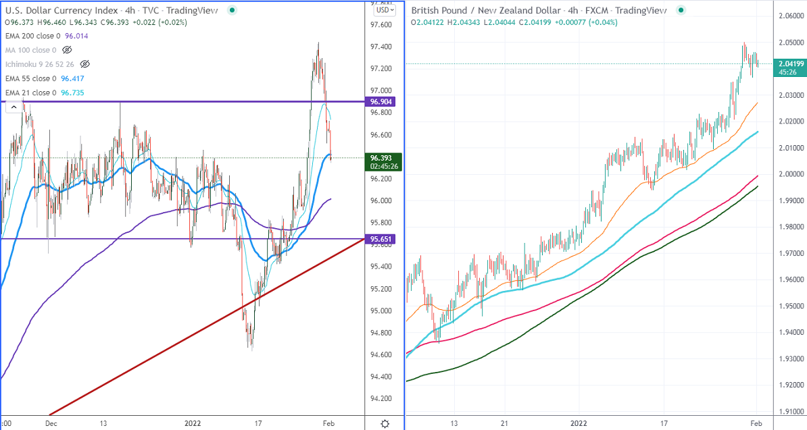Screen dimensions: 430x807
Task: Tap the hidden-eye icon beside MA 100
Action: click(66, 50)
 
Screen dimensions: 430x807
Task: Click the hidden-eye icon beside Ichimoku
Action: click(84, 64)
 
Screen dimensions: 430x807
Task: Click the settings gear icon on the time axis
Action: click(385, 423)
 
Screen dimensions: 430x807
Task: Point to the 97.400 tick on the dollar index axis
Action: click(383, 47)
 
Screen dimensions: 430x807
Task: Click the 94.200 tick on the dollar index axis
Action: click(383, 399)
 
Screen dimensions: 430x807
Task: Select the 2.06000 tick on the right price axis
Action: click(788, 16)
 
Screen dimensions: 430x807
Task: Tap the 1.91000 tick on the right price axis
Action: click(788, 411)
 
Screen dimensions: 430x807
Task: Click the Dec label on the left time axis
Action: click(51, 423)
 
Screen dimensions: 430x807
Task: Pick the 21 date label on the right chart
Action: click(504, 423)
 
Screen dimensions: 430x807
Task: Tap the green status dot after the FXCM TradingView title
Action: click(681, 10)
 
